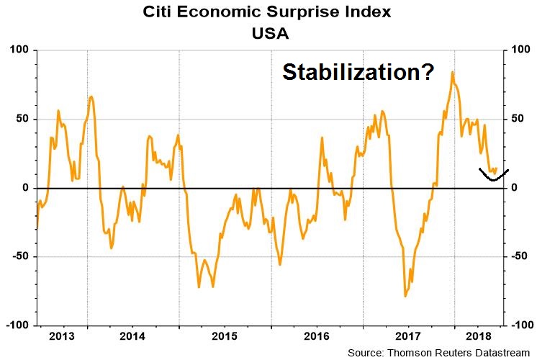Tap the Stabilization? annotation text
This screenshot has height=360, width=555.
[x=358, y=72]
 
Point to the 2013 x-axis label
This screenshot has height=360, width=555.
[x=60, y=336]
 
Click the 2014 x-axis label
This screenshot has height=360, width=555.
[x=133, y=336]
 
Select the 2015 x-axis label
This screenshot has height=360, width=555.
[x=225, y=336]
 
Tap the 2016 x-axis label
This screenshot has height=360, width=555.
[x=317, y=336]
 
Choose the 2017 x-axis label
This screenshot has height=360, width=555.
[x=408, y=336]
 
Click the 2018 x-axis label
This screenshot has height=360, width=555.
[x=479, y=336]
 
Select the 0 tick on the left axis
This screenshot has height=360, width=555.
[x=23, y=188]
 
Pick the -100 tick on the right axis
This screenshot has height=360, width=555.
[x=524, y=326]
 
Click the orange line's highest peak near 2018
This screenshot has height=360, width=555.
[x=452, y=72]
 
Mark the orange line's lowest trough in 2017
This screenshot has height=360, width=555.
[x=405, y=296]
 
